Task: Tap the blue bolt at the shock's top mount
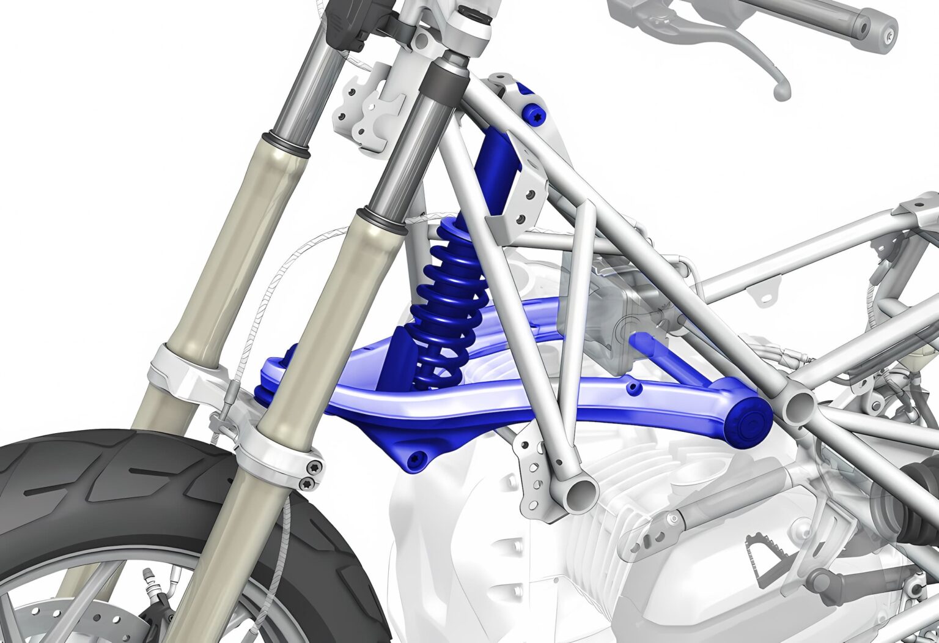click(x=534, y=114)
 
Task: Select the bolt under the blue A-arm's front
click(x=418, y=458)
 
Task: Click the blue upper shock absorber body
click(x=498, y=171)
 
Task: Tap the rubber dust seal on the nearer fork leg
click(x=382, y=221)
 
